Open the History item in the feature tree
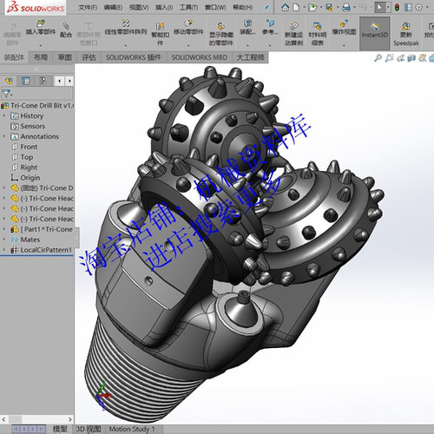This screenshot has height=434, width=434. point(31,115)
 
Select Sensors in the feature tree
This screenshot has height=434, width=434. point(33,126)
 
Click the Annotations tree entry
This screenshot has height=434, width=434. point(39,136)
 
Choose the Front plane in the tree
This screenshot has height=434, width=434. point(29,147)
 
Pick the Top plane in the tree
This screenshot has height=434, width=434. point(27,157)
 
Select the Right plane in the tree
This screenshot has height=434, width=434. point(29,168)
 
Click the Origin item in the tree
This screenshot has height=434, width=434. point(30,178)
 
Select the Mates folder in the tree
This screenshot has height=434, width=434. point(30,239)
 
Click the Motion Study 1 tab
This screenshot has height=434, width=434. point(132,429)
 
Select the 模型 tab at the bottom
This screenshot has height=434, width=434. point(60,429)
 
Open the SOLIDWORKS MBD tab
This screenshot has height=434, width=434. point(199,57)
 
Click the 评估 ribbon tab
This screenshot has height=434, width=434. point(89,57)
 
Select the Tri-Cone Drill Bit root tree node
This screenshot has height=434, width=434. point(40,105)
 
